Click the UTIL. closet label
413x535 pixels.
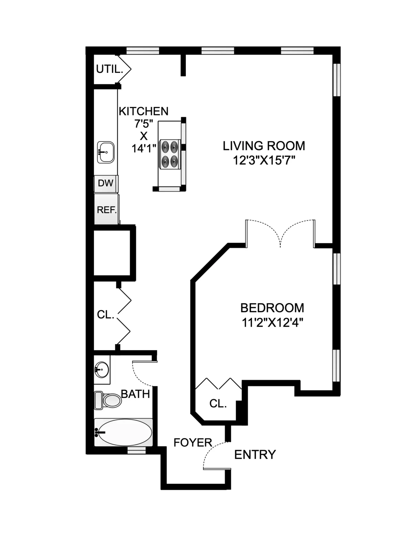(x=109, y=69)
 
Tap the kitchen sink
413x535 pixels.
(x=106, y=152)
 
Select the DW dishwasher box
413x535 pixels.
(x=106, y=183)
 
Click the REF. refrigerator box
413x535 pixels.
(x=107, y=210)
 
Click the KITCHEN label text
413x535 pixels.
(x=144, y=111)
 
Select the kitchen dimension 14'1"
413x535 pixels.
(x=144, y=148)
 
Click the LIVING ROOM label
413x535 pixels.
(x=264, y=146)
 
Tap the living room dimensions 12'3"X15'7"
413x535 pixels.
(x=264, y=160)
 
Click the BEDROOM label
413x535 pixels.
(x=272, y=307)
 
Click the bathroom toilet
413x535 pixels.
(x=108, y=400)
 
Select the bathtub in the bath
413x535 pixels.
(x=123, y=432)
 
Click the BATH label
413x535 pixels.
(x=136, y=394)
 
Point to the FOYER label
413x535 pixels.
(x=193, y=442)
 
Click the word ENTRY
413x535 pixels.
(x=255, y=455)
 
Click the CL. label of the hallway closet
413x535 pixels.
(x=105, y=315)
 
